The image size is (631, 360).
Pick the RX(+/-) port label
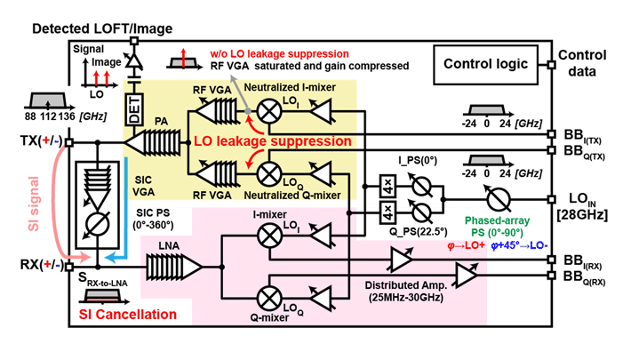(x=41, y=264)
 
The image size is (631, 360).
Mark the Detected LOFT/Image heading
(x=101, y=28)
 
